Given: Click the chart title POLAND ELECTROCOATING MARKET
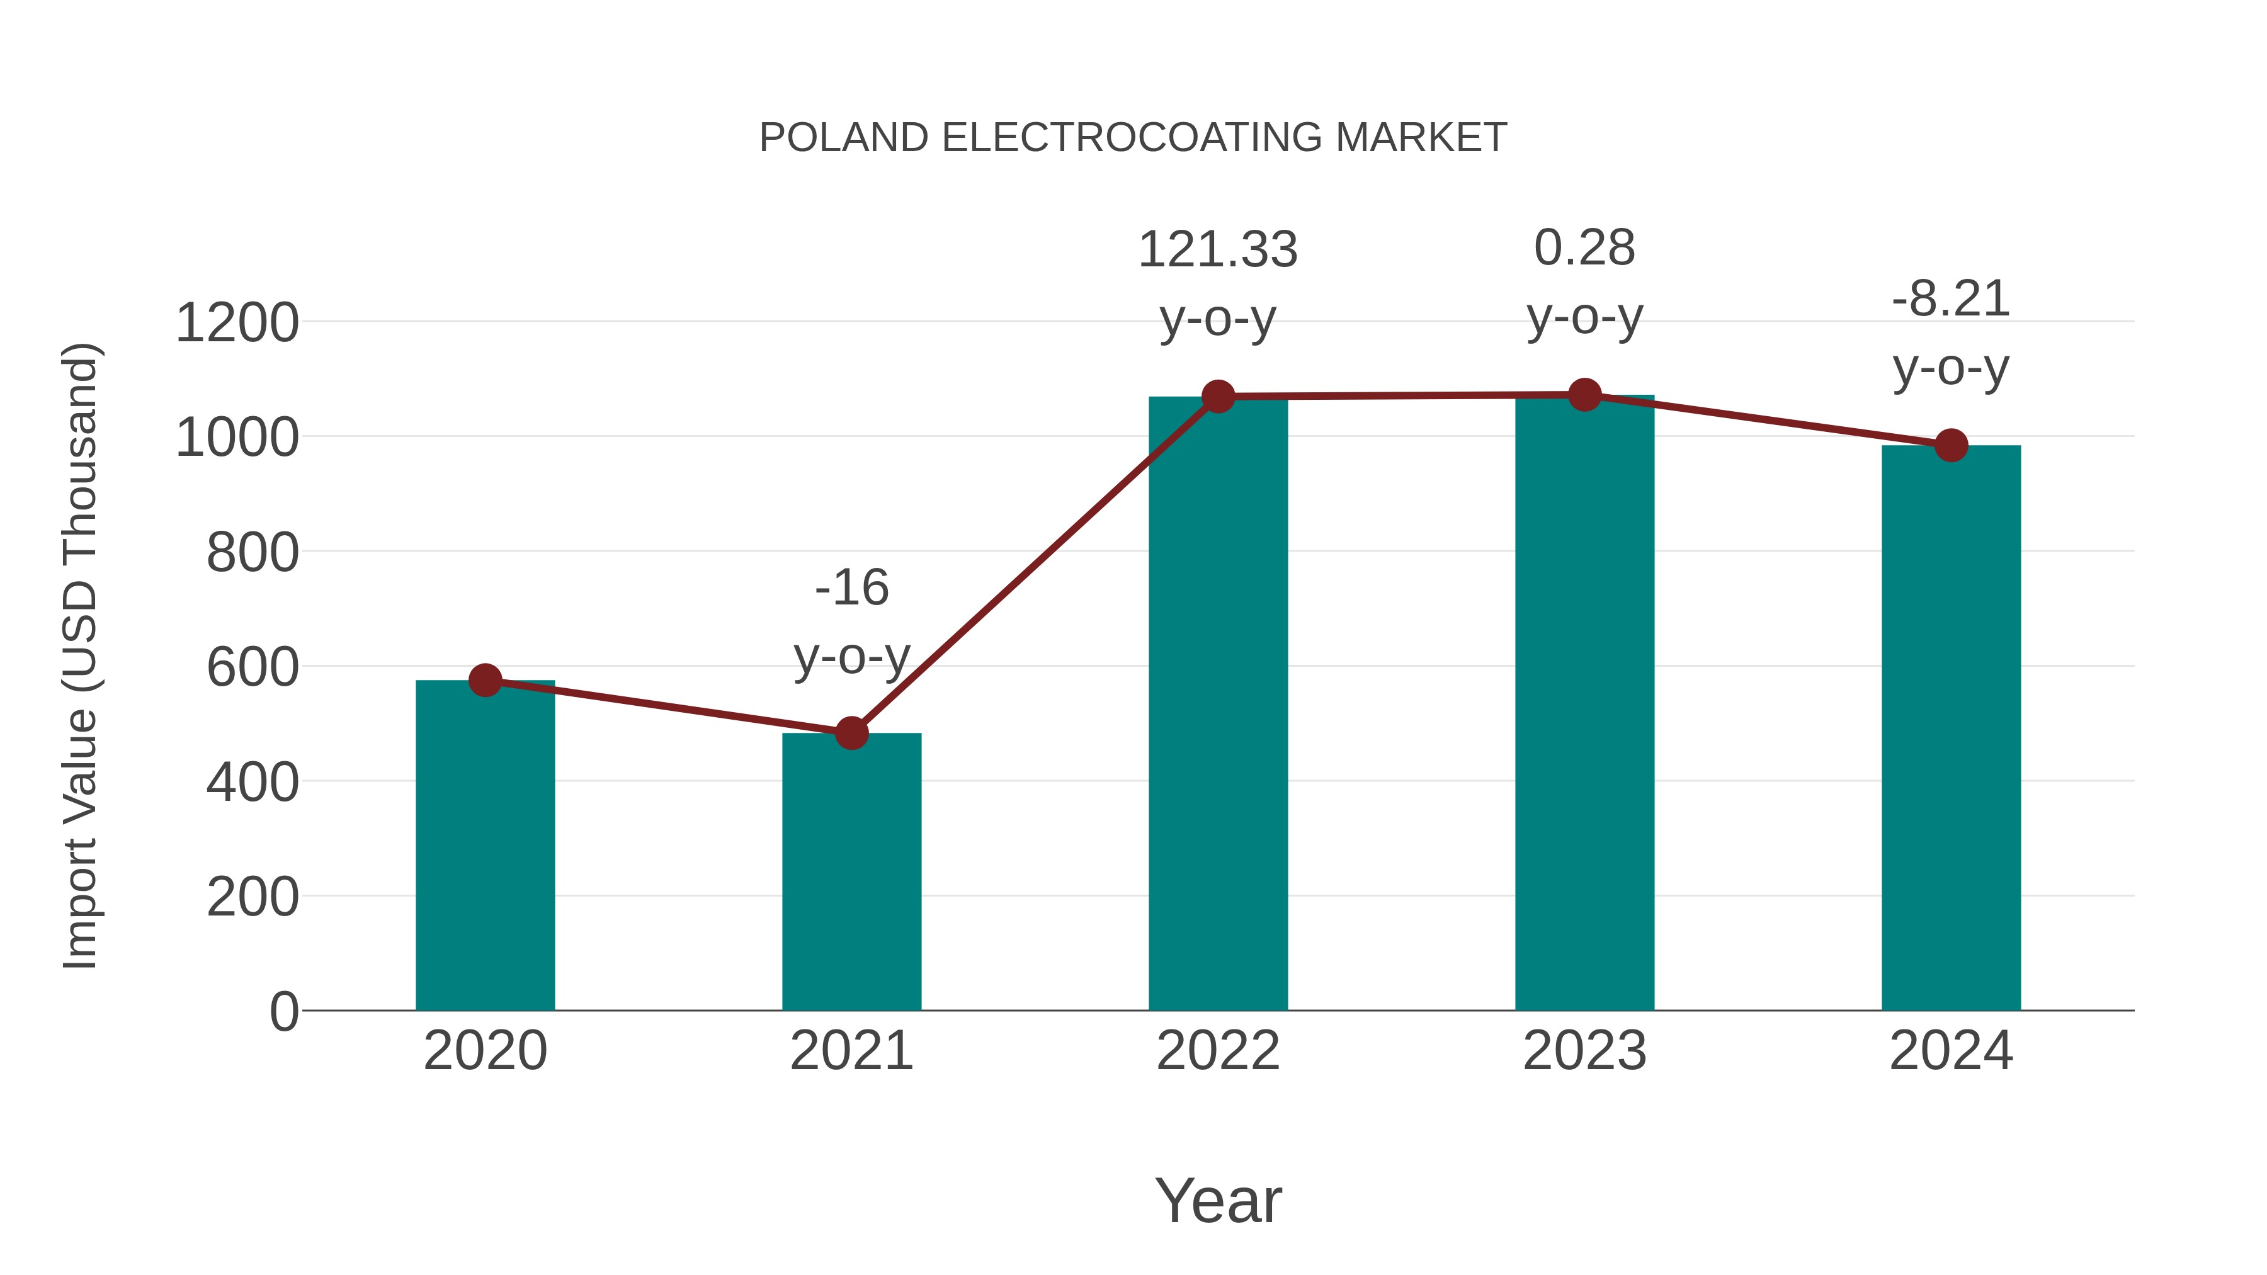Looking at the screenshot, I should (1133, 138).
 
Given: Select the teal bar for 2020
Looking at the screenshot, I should (485, 845).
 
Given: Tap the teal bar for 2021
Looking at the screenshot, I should (851, 871).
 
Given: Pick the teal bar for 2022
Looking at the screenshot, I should (1218, 704).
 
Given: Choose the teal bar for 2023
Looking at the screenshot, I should (1584, 704).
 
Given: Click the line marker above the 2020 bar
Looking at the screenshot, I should (485, 680).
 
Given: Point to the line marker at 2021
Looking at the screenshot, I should (851, 733).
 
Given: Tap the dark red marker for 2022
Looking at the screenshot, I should (1218, 397).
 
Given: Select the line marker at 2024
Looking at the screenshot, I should (1951, 445).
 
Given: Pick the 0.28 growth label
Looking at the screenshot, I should (1584, 248).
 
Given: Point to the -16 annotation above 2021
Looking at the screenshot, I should (851, 588).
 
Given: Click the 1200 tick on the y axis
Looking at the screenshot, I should (237, 323).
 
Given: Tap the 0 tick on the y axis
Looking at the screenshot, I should (283, 1011).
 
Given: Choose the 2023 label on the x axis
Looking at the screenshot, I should (1584, 1051).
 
